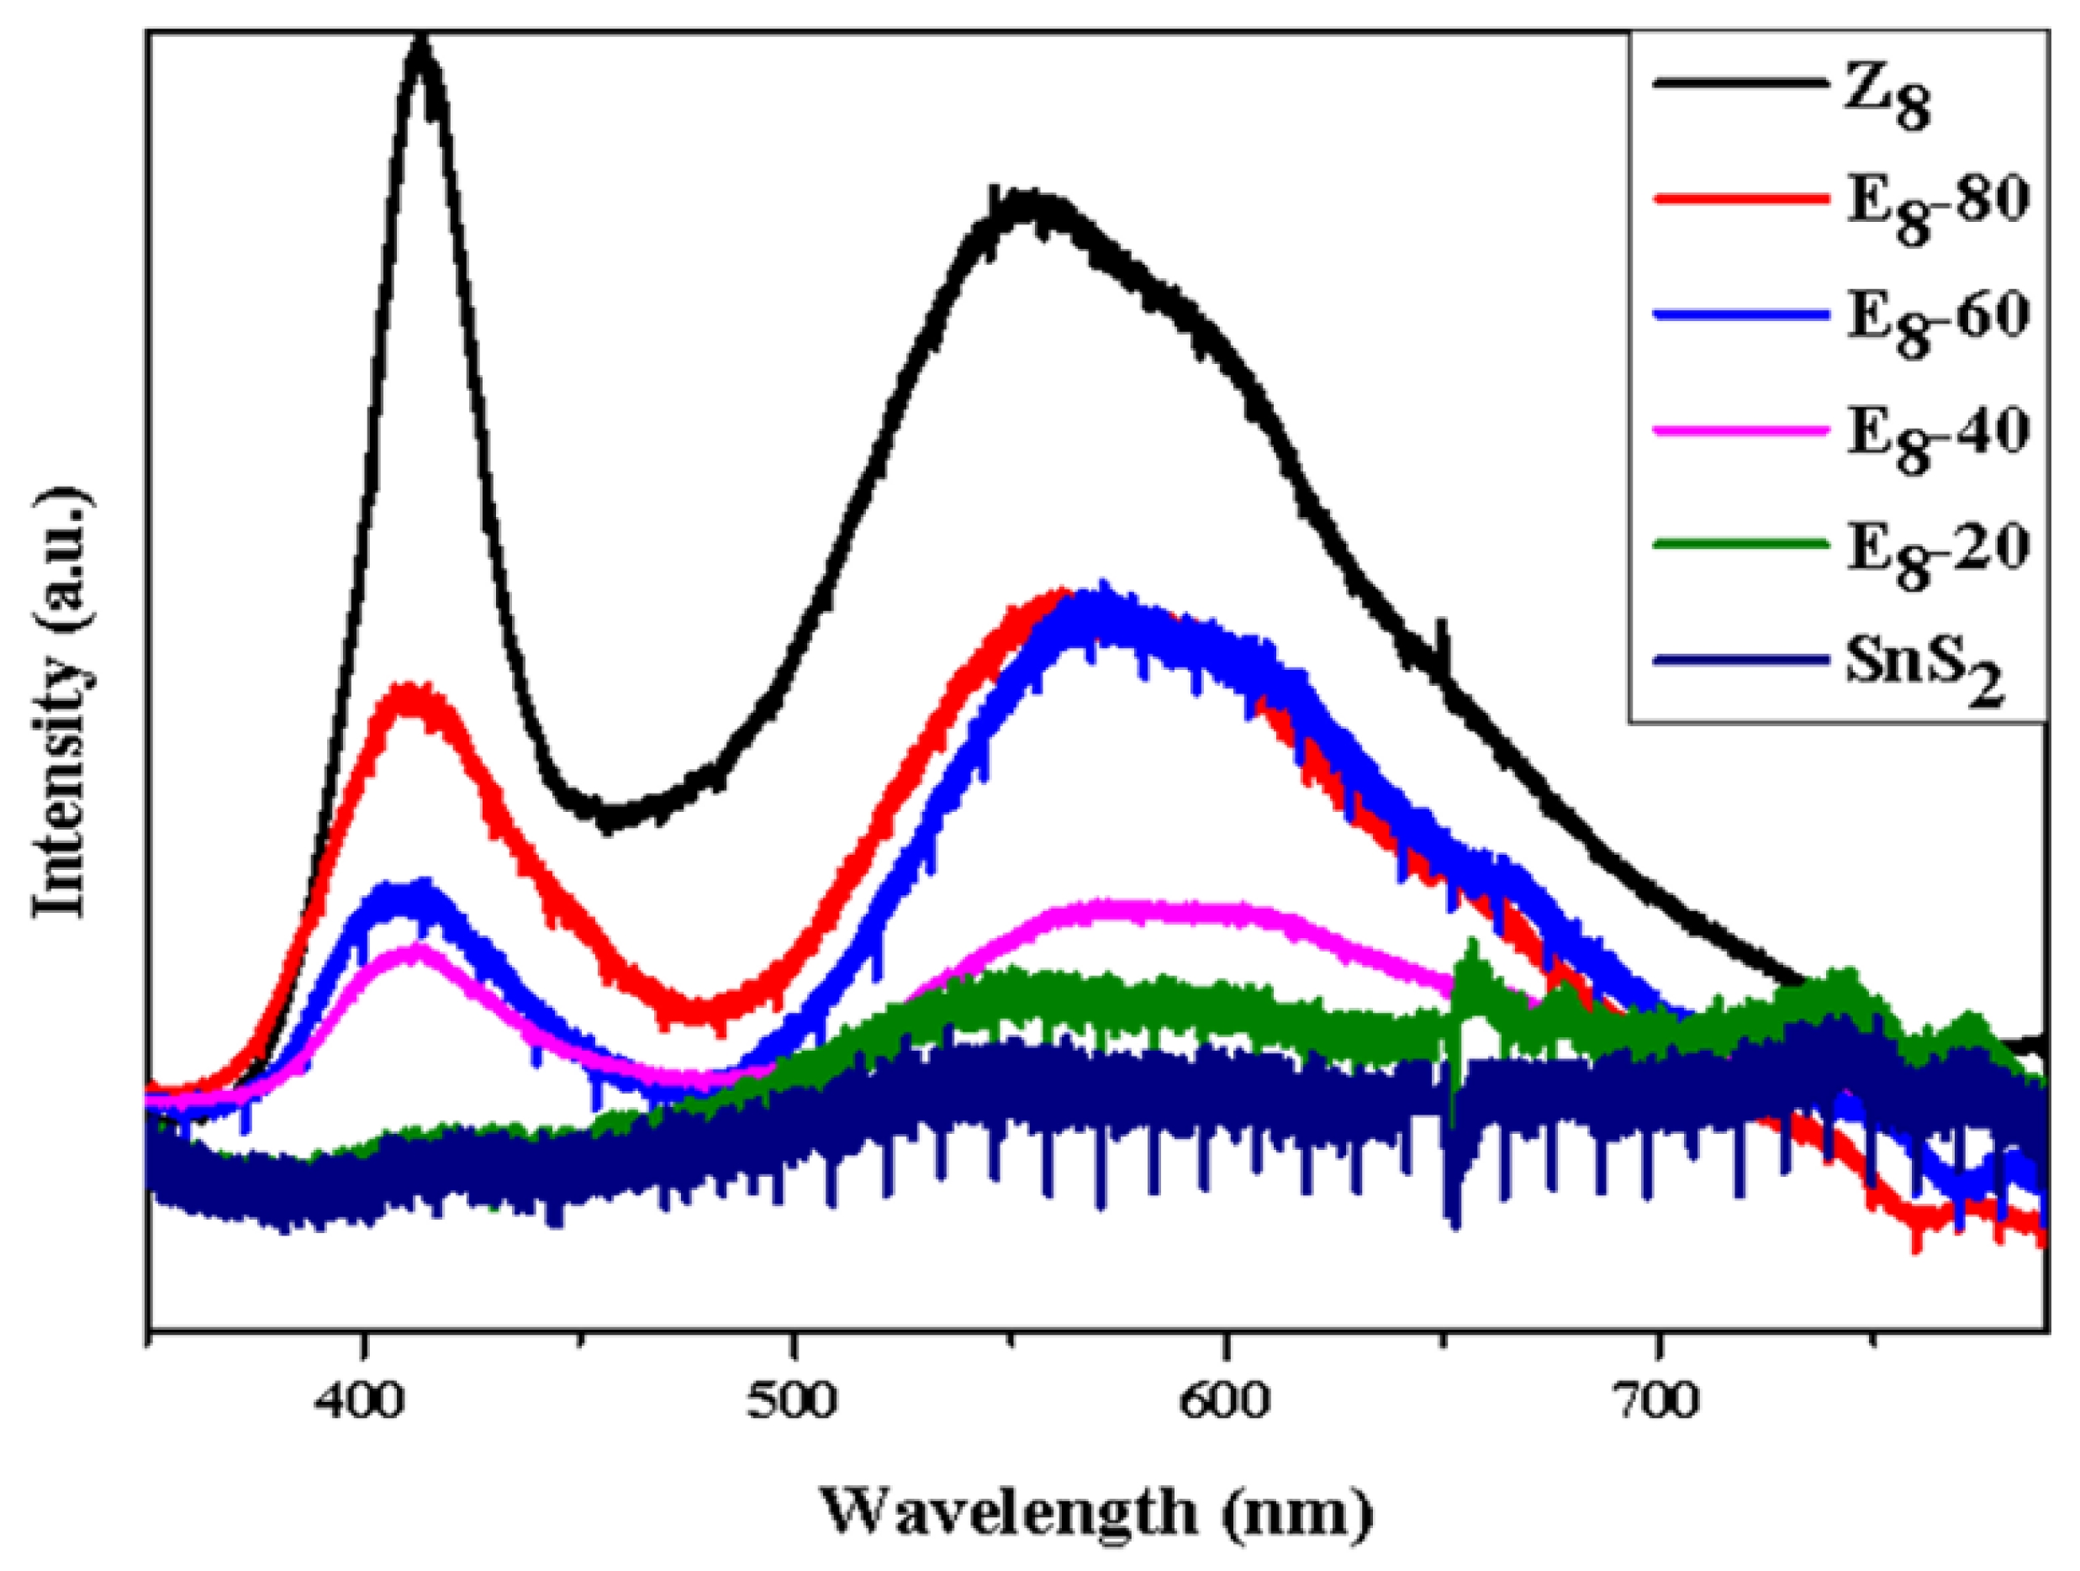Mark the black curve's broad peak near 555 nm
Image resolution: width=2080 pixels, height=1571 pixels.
click(x=1025, y=207)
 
